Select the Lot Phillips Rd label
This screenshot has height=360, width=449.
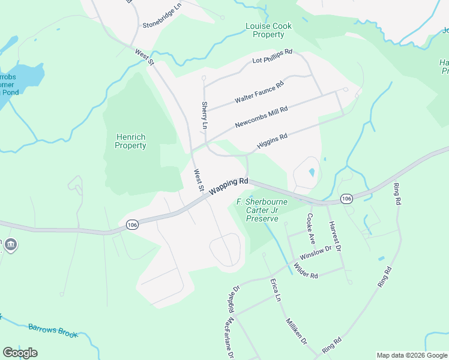[272, 56]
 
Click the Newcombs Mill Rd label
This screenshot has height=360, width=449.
[261, 116]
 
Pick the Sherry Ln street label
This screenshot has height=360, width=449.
[204, 116]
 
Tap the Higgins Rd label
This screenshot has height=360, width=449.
[273, 141]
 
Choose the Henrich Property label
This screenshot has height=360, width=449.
[130, 142]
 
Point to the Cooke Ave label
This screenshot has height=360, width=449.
[311, 227]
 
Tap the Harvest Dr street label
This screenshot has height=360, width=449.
[334, 236]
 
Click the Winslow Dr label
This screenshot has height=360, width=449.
[316, 253]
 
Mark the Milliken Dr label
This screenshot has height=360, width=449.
[297, 331]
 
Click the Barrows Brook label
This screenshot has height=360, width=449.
[53, 330]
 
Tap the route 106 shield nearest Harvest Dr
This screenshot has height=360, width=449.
[346, 198]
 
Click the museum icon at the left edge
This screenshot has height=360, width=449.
[10, 245]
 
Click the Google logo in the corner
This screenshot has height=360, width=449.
[20, 353]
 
